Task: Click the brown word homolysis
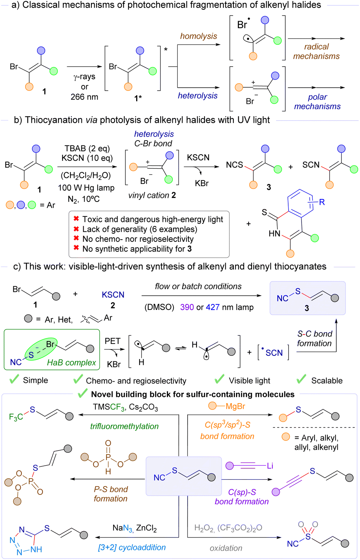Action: pyautogui.click(x=198, y=36)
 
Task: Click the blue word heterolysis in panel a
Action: pyautogui.click(x=198, y=96)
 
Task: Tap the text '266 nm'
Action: pyautogui.click(x=84, y=97)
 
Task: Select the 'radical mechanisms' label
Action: pyautogui.click(x=316, y=51)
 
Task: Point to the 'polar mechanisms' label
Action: pyautogui.click(x=317, y=102)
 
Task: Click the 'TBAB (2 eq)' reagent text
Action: pyautogui.click(x=87, y=148)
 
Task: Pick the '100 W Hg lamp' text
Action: pyautogui.click(x=86, y=188)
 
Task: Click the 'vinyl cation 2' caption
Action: pyautogui.click(x=152, y=195)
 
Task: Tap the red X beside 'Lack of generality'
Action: pyautogui.click(x=76, y=229)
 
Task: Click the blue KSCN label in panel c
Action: pyautogui.click(x=113, y=295)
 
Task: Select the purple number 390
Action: pyautogui.click(x=187, y=307)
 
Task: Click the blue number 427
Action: pyautogui.click(x=213, y=307)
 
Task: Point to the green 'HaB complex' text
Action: pyautogui.click(x=71, y=363)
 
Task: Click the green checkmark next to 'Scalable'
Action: pyautogui.click(x=302, y=379)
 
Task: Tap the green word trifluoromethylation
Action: pyautogui.click(x=124, y=426)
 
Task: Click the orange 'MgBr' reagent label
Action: pyautogui.click(x=235, y=406)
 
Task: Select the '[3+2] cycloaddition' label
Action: pyautogui.click(x=132, y=547)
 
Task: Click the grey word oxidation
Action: pyautogui.click(x=226, y=548)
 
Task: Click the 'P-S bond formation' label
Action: pyautogui.click(x=111, y=494)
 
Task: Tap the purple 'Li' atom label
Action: pyautogui.click(x=270, y=466)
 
